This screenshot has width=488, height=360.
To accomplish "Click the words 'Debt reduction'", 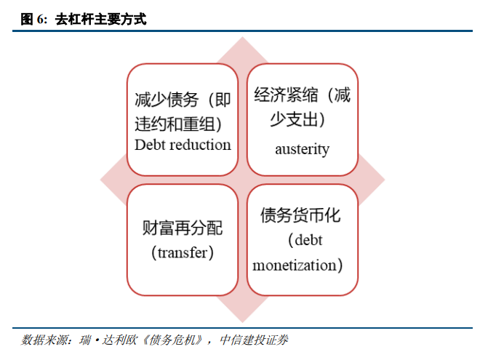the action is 183,145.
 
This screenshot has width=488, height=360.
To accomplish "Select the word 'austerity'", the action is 302,149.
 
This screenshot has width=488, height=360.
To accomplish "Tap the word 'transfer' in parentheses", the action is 183,252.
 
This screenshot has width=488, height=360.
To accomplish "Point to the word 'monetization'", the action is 295,265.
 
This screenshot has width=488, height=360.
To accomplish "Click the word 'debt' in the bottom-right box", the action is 308,240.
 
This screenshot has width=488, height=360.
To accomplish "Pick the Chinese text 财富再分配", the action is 183,228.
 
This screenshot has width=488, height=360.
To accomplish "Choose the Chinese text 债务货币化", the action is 300,215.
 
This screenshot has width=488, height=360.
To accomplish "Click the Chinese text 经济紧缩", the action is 287,95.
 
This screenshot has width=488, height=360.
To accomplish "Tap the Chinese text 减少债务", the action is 167,100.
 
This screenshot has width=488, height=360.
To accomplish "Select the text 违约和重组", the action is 175,124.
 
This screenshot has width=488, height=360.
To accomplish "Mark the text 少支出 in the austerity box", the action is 294,119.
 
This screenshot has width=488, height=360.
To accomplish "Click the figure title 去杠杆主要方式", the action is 100,20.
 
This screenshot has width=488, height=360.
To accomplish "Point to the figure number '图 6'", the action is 33,20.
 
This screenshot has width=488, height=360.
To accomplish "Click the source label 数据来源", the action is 44,340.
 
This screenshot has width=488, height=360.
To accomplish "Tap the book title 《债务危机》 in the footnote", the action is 172,340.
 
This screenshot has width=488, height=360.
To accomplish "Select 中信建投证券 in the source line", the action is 254,340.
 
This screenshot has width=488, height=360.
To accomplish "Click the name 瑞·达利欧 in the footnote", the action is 108,340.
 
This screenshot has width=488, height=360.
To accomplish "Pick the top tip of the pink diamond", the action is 242,37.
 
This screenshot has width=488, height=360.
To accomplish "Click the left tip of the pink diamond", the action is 100,180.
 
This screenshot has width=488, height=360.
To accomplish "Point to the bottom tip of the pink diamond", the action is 242,322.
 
